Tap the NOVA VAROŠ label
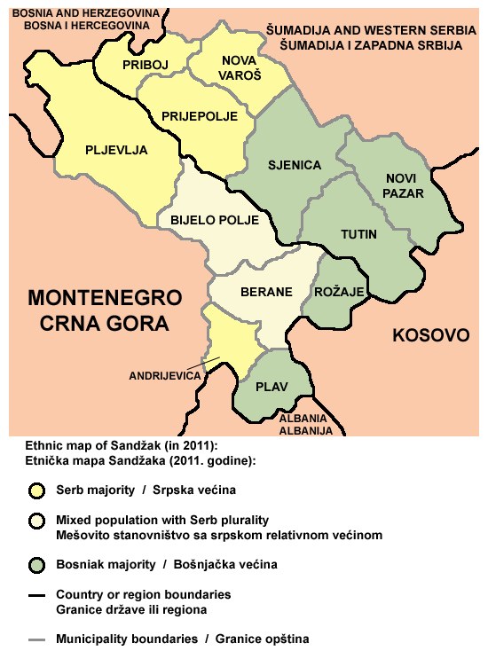[x=240, y=69]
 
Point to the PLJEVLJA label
[x=116, y=149]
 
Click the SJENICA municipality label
[x=295, y=166]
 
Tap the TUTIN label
[x=358, y=234]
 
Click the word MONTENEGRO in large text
[x=105, y=297]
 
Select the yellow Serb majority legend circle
[x=36, y=490]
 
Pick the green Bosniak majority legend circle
[x=36, y=564]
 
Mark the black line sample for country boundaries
[x=36, y=594]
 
